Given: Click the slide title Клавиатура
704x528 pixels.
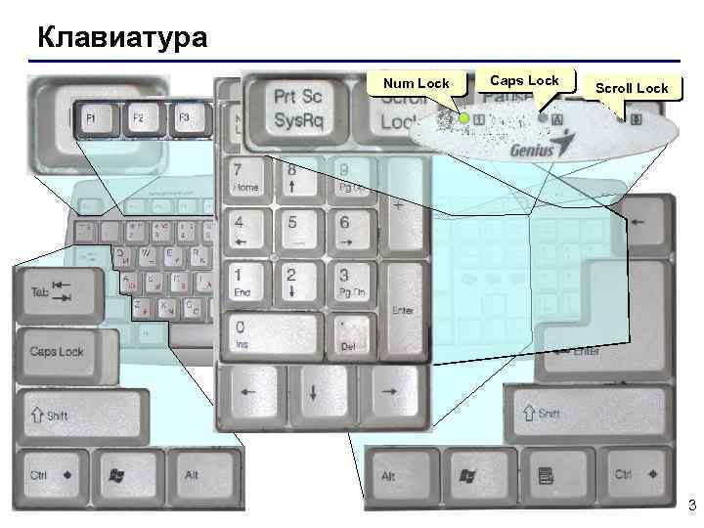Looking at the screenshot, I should (x=122, y=39).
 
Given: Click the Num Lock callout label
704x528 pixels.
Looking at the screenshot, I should (x=416, y=83).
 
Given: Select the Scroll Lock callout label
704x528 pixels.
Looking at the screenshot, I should (x=632, y=88).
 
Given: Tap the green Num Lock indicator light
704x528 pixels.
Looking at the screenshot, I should (x=464, y=118).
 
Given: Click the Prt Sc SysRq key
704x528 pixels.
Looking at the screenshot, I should (x=297, y=110).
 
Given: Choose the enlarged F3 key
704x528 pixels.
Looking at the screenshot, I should (x=185, y=118).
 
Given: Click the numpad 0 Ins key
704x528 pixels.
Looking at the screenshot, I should (x=272, y=334).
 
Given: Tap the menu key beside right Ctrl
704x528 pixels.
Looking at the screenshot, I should (x=546, y=476).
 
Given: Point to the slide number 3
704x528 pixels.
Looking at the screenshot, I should (x=691, y=506).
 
